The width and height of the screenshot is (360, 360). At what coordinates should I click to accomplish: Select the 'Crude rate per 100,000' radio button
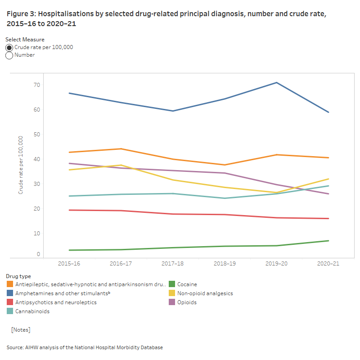click(x=9, y=47)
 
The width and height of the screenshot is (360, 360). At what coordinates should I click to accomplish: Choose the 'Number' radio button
click(x=9, y=55)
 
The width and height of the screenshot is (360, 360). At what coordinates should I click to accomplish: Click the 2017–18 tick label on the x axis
click(x=173, y=264)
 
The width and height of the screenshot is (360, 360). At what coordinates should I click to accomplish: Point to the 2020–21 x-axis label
click(x=328, y=264)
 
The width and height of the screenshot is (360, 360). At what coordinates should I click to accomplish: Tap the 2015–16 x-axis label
click(x=69, y=264)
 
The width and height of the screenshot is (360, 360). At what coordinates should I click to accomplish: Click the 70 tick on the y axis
click(x=36, y=85)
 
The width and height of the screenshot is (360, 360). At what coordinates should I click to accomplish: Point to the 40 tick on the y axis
click(x=36, y=159)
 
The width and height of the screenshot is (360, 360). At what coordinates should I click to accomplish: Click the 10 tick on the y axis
click(x=36, y=234)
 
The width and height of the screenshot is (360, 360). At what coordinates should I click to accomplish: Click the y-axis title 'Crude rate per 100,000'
click(x=21, y=165)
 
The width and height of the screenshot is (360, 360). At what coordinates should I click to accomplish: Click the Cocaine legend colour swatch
click(x=172, y=284)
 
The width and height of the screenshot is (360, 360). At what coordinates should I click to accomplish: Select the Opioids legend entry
click(x=187, y=302)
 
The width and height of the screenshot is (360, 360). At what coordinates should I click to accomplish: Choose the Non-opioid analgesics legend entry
click(x=205, y=293)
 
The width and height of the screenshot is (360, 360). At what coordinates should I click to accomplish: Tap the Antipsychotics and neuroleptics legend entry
click(x=55, y=302)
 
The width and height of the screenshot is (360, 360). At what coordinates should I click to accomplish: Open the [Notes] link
click(x=21, y=330)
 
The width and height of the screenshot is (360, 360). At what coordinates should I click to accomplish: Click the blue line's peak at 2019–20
click(x=276, y=82)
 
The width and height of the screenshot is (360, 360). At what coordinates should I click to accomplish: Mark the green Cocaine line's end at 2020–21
click(x=328, y=241)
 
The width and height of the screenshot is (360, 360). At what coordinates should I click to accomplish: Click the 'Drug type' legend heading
click(x=18, y=276)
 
